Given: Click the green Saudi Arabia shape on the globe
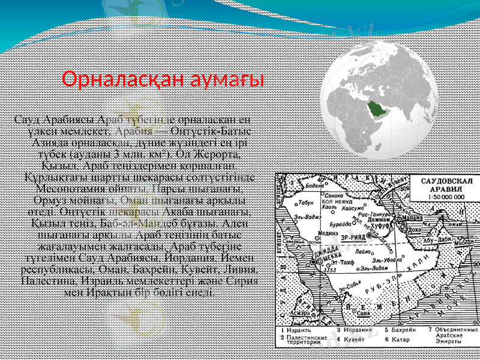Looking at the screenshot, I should pyautogui.click(x=374, y=108).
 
